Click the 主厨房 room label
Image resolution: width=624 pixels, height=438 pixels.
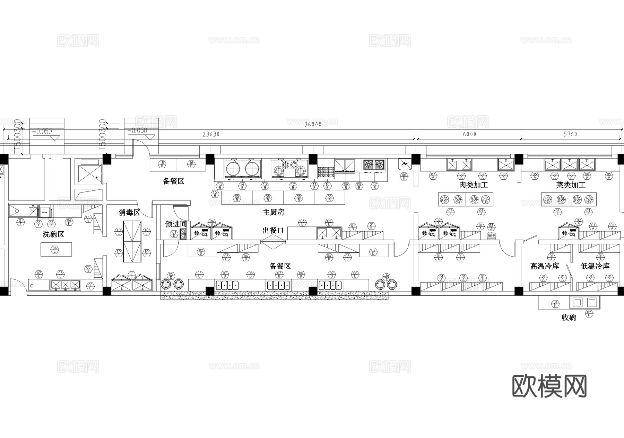tap(274, 212)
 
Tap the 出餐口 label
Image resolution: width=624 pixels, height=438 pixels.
tap(273, 230)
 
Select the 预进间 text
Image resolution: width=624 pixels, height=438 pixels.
tap(176, 224)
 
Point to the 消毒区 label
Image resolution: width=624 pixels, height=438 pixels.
tap(129, 213)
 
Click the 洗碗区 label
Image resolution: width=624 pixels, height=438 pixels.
tap(53, 234)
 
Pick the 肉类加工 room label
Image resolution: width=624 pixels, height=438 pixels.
tap(473, 185)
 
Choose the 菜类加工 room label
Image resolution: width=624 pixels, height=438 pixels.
tap(571, 185)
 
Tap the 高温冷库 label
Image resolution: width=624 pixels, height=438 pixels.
tap(545, 266)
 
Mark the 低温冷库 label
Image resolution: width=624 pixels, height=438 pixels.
tap(595, 266)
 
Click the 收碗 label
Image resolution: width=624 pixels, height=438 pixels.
tap(569, 318)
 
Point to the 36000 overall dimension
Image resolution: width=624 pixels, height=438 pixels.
tap(313, 125)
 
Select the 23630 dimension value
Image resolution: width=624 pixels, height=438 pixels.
tap(211, 134)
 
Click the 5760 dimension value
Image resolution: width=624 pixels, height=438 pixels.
tap(570, 134)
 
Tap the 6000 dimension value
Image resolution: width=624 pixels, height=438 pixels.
tap(469, 134)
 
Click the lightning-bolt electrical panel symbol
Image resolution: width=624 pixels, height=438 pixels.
tap(405, 163)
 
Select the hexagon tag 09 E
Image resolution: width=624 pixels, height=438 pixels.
tap(90, 286)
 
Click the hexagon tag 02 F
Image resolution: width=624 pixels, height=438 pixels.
tap(589, 314)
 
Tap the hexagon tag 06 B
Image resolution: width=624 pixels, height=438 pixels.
tap(404, 177)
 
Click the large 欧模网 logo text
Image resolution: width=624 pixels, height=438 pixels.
tap(549, 386)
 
